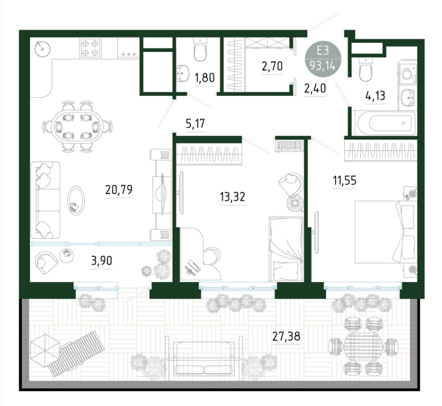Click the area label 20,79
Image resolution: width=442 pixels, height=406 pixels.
pyautogui.click(x=119, y=190)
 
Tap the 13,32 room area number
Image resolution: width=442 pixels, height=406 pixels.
pyautogui.click(x=233, y=197)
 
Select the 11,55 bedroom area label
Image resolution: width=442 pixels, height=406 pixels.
pyautogui.click(x=344, y=180)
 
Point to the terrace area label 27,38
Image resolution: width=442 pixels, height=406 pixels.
pyautogui.click(x=286, y=336)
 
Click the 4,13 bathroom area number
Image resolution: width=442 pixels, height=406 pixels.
pyautogui.click(x=375, y=96)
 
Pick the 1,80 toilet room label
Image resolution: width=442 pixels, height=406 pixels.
pyautogui.click(x=205, y=77)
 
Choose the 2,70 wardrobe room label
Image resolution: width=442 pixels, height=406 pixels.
pyautogui.click(x=272, y=66)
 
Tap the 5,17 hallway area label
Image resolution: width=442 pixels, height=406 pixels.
pyautogui.click(x=195, y=124)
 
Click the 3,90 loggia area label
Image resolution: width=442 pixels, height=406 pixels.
pyautogui.click(x=101, y=261)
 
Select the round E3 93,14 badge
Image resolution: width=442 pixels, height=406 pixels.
pyautogui.click(x=323, y=59)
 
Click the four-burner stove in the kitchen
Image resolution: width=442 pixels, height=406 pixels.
pyautogui.click(x=91, y=48)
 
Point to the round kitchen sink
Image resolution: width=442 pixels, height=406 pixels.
pyautogui.click(x=42, y=49)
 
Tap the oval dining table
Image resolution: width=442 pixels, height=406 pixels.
pyautogui.click(x=76, y=127)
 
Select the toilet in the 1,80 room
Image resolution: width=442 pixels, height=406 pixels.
pyautogui.click(x=200, y=50)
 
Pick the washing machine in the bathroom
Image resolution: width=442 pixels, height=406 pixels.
pyautogui.click(x=407, y=73)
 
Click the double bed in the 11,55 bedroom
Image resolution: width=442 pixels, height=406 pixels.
pyautogui.click(x=386, y=232)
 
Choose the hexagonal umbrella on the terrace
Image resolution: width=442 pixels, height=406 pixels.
pyautogui.click(x=45, y=350)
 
